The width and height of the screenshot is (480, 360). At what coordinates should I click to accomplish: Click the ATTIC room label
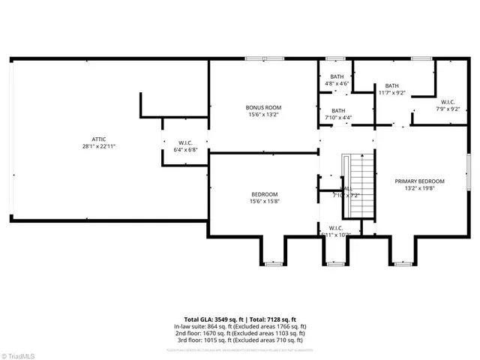[x=98, y=139]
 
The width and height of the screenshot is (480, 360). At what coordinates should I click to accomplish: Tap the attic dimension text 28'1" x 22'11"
[x=98, y=146]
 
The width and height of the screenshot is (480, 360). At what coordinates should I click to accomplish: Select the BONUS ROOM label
[x=263, y=107]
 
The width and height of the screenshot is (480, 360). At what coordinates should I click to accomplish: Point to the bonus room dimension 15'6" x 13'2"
[x=263, y=115]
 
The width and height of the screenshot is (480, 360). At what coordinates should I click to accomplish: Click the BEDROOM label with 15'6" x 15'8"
[x=263, y=194]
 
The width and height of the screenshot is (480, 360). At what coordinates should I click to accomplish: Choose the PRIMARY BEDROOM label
[x=420, y=181]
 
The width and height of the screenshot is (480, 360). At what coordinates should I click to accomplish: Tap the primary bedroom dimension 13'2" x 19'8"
[x=420, y=188]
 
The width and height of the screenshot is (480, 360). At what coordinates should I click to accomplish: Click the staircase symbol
[x=358, y=184]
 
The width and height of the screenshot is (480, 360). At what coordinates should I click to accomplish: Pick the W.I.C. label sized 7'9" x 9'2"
[x=448, y=102]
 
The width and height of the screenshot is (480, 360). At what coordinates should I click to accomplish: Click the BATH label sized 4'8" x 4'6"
[x=336, y=76]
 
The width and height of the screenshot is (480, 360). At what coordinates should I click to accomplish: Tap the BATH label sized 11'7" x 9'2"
[x=391, y=85]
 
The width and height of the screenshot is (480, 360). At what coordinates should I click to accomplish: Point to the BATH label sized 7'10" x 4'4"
[x=338, y=110]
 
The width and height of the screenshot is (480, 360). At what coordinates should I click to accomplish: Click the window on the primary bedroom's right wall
[x=469, y=173]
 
